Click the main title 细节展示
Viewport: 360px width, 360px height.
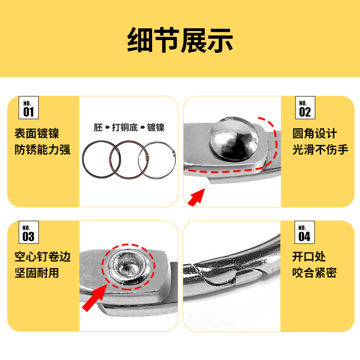click(180, 40)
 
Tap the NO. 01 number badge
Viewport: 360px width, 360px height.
click(28, 108)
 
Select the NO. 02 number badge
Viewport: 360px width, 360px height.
click(305, 108)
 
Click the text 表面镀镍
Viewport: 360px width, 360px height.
click(36, 134)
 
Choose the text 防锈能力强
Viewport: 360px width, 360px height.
click(42, 149)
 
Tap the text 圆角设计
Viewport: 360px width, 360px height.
click(315, 134)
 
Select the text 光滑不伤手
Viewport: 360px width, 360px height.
click(320, 149)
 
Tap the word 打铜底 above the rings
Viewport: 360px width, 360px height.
click(126, 127)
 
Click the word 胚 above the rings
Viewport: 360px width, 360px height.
click(98, 127)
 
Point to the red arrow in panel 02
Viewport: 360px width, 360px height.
click(197, 197)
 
